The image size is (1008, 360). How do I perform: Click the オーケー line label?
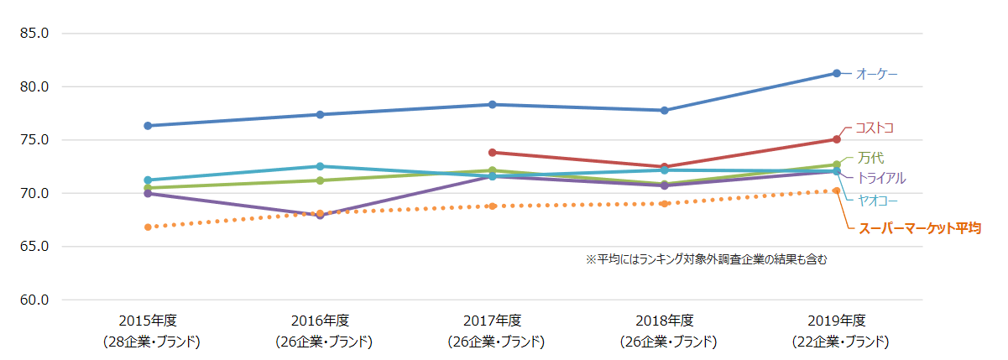876,75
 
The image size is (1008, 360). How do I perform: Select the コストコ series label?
874,128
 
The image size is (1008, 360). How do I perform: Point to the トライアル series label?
880,178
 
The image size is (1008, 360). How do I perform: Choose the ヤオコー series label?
876,200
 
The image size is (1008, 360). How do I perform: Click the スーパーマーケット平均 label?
918,227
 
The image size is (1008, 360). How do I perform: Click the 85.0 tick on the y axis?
34,34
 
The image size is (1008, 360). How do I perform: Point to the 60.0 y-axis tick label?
34,300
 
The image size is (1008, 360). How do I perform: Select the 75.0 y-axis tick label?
34,140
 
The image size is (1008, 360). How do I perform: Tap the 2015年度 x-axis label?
148,321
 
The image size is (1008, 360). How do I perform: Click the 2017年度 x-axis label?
492,321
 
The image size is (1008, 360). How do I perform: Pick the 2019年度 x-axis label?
836,321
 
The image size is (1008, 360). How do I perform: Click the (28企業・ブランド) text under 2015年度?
148,342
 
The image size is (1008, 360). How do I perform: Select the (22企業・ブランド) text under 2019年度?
836,342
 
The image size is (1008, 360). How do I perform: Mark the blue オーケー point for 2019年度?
837,73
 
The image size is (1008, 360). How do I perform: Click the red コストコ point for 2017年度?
493,153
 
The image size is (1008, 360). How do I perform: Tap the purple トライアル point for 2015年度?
148,194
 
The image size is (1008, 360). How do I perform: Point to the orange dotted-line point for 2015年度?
148,227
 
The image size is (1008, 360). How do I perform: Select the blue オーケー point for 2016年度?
320,114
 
